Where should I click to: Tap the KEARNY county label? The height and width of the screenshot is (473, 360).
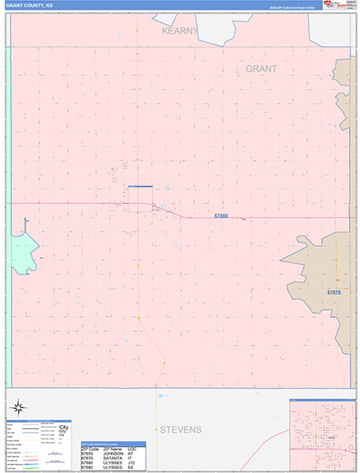click(180, 31)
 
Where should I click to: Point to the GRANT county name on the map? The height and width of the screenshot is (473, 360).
click(261, 69)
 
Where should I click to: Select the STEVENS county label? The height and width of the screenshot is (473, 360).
click(180, 430)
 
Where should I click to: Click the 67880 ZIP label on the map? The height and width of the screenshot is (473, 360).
click(221, 215)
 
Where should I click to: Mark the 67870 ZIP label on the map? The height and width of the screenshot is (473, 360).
click(334, 292)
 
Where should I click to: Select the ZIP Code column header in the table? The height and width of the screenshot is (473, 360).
click(90, 448)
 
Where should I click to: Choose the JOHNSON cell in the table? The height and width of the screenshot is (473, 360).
click(112, 453)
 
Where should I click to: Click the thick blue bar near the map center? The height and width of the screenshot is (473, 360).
click(139, 187)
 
